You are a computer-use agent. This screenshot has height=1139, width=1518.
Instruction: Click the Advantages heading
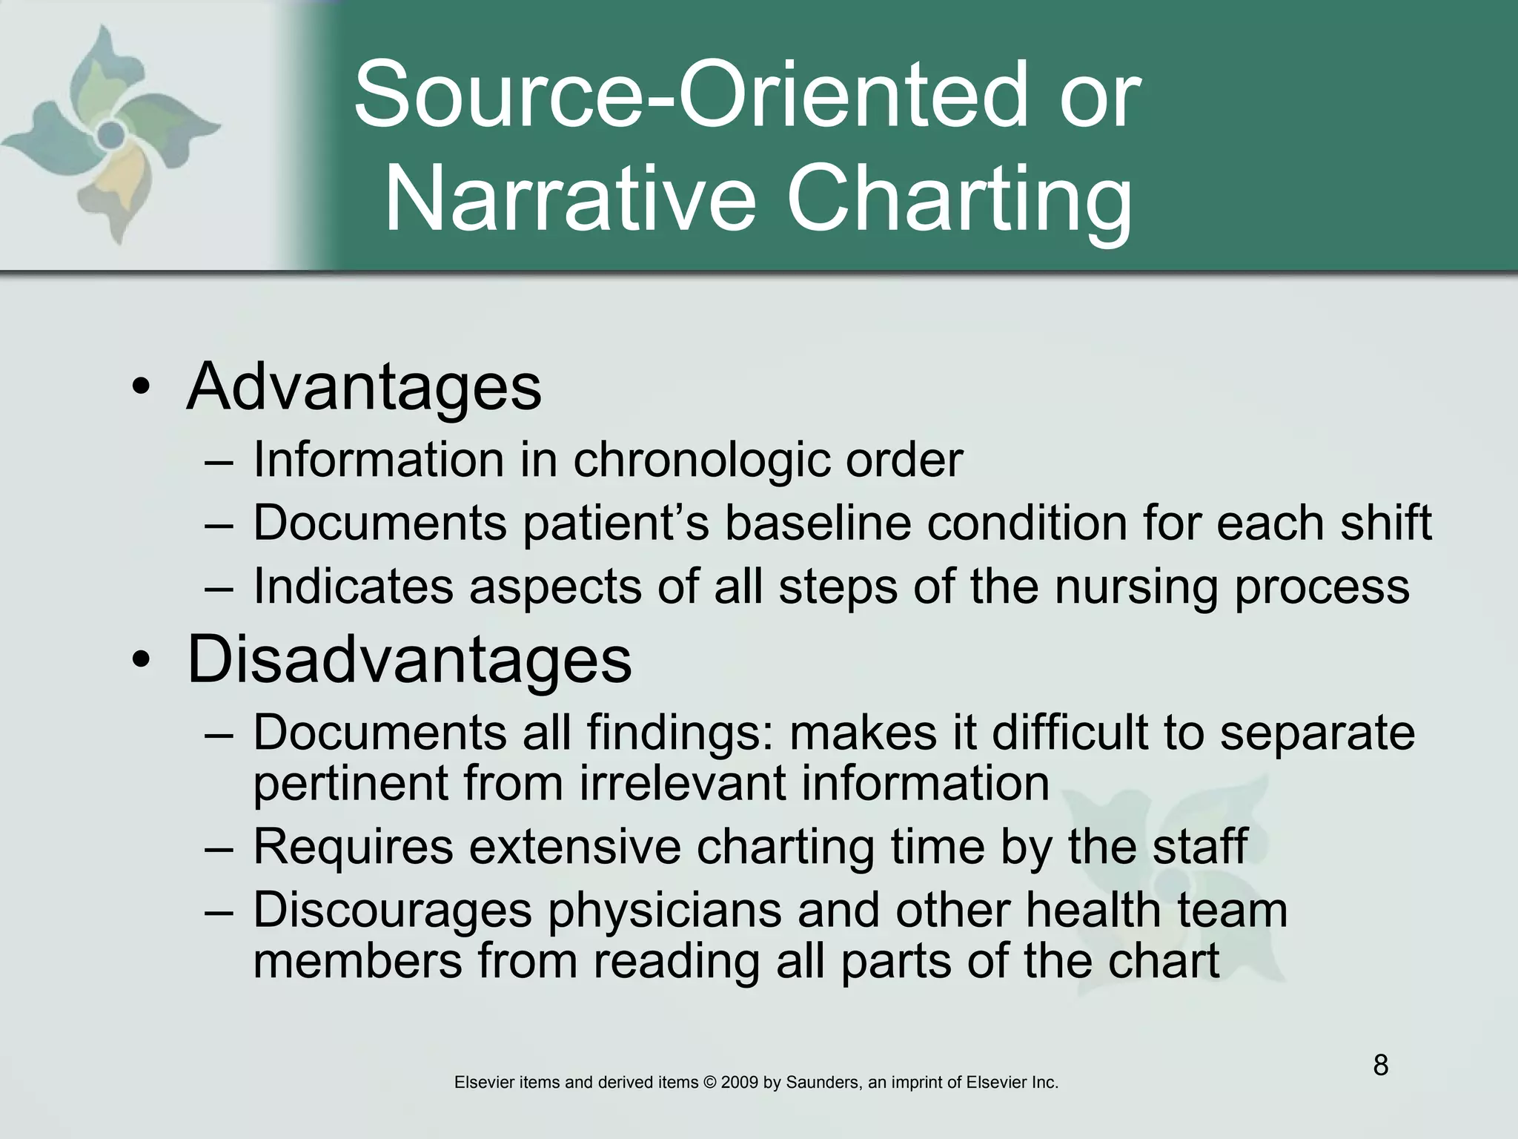(364, 386)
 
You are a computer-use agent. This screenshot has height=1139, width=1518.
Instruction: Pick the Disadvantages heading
(409, 659)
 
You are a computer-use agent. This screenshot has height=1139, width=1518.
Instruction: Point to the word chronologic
(702, 460)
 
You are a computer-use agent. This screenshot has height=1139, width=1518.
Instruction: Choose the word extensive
(574, 846)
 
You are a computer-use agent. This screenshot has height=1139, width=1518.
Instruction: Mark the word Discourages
(393, 911)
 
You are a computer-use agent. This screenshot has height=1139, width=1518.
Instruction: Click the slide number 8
(1380, 1066)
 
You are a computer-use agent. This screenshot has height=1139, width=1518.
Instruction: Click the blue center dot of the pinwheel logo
(111, 135)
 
